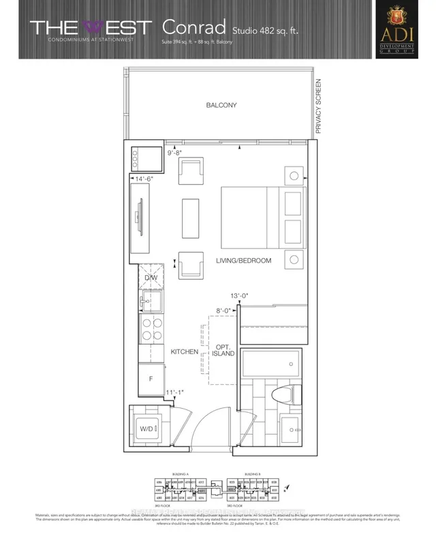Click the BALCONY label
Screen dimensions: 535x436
[221, 105]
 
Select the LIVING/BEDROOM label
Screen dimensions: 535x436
[244, 261]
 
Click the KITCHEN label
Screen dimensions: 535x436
[185, 352]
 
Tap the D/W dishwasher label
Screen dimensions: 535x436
[151, 278]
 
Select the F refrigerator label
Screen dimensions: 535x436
[150, 377]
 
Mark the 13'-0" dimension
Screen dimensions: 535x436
[240, 296]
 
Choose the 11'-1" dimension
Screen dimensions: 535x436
[175, 392]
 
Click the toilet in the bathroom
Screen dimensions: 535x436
[288, 394]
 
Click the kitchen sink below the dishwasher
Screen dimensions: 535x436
[149, 300]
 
